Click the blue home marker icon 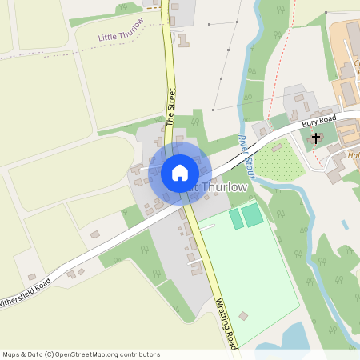pyautogui.click(x=180, y=172)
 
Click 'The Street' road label pyautogui.click(x=170, y=108)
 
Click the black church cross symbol pyautogui.click(x=316, y=138)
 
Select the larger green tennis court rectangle pyautogui.click(x=253, y=214)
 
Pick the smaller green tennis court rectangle pyautogui.click(x=236, y=218)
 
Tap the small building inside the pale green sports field pyautogui.click(x=243, y=316)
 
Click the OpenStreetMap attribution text pyautogui.click(x=80, y=354)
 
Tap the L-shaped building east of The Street pyautogui.click(x=184, y=40)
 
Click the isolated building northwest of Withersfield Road pyautogui.click(x=94, y=234)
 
